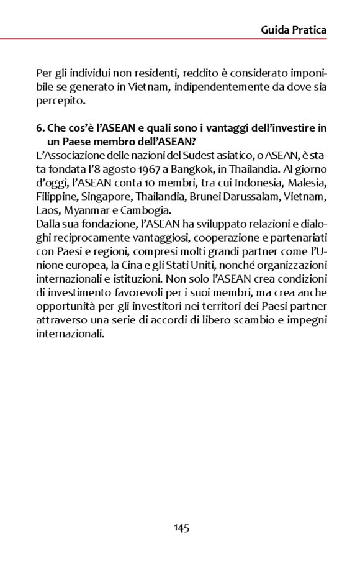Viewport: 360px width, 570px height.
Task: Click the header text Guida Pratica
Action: [x=294, y=29]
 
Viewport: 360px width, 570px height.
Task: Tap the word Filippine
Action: [x=55, y=197]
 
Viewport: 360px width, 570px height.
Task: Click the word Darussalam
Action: [x=241, y=197]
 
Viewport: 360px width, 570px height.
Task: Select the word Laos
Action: [x=47, y=210]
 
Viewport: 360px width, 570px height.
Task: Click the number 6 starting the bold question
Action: [x=40, y=128]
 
